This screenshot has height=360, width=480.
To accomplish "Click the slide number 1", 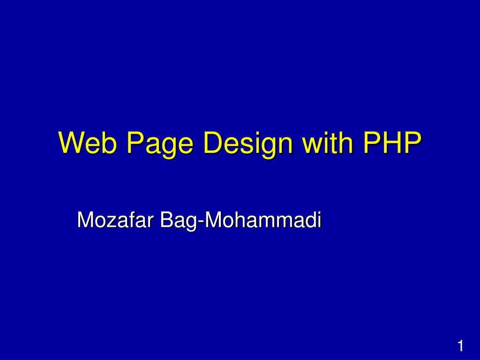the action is click(460, 346).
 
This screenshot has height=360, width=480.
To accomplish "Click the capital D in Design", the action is click(214, 142).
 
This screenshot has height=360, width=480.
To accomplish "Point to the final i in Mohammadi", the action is click(319, 219).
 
